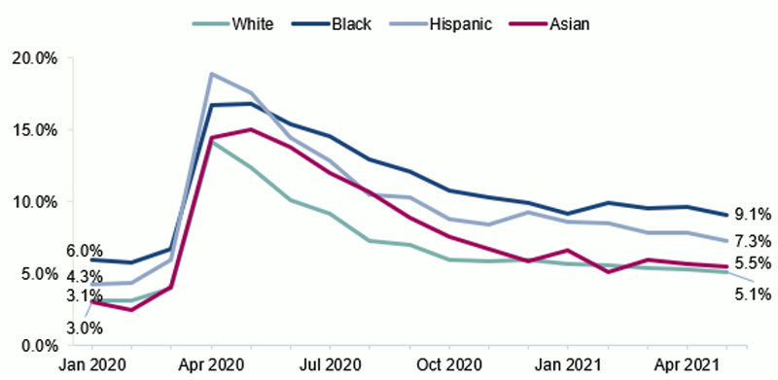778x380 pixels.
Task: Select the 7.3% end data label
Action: (x=753, y=241)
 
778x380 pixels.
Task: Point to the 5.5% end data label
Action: (x=753, y=263)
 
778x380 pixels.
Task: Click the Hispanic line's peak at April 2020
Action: (x=211, y=74)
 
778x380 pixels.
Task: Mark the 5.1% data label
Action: (x=753, y=293)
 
